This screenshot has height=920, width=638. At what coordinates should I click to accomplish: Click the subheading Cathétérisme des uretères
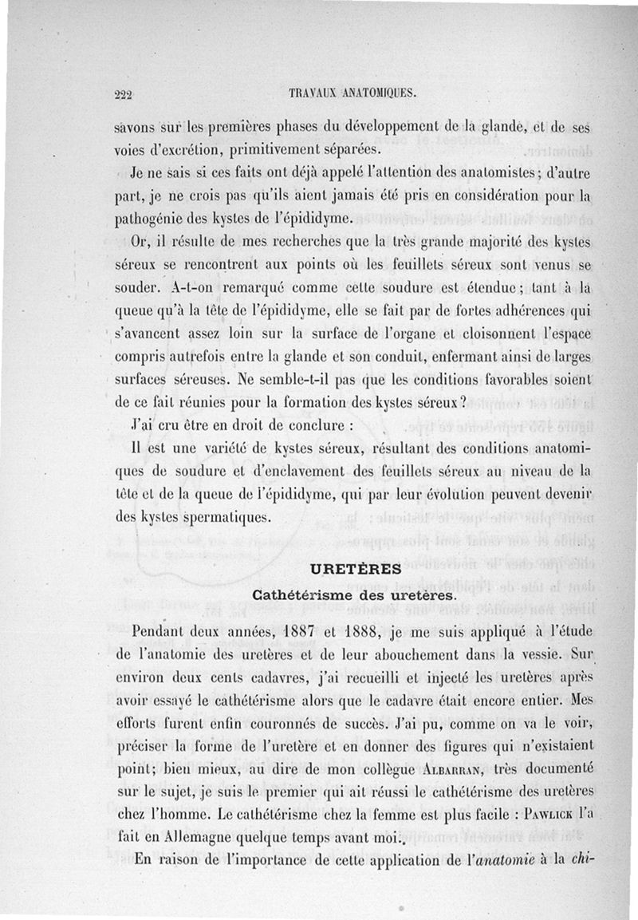coord(354,594)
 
